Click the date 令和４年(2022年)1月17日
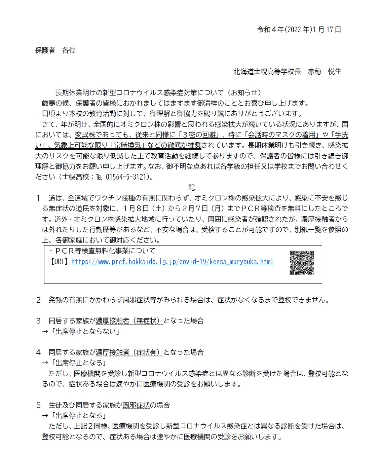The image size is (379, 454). (299, 30)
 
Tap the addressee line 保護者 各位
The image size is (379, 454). (55, 50)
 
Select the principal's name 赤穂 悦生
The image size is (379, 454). (324, 72)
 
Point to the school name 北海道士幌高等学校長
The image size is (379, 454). (267, 72)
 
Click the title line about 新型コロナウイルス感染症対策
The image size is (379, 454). (158, 92)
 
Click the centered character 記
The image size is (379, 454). (191, 188)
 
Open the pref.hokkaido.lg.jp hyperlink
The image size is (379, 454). (172, 262)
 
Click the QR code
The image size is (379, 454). (302, 263)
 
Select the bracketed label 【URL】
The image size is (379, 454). (60, 262)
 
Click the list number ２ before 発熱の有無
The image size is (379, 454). (38, 300)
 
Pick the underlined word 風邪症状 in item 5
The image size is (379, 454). (136, 405)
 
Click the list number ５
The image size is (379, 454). (38, 405)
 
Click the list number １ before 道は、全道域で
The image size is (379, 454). (38, 198)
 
